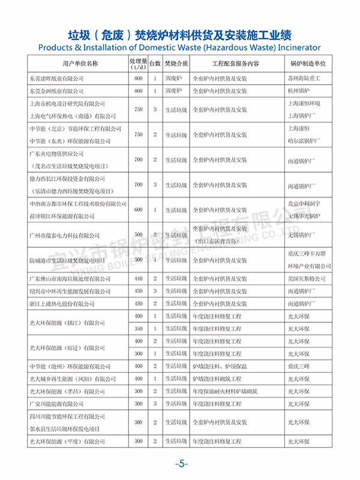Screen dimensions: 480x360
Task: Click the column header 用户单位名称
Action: [x=76, y=63]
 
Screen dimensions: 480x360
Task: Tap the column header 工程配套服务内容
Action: [x=235, y=63]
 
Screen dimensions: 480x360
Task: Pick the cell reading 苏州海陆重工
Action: [x=304, y=79]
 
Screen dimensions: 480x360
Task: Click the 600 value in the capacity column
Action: [x=139, y=210]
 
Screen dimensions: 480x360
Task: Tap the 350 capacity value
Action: [x=139, y=328]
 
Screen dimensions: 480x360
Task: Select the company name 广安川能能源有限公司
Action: [x=57, y=404]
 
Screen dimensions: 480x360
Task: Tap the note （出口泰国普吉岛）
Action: [x=220, y=241]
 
